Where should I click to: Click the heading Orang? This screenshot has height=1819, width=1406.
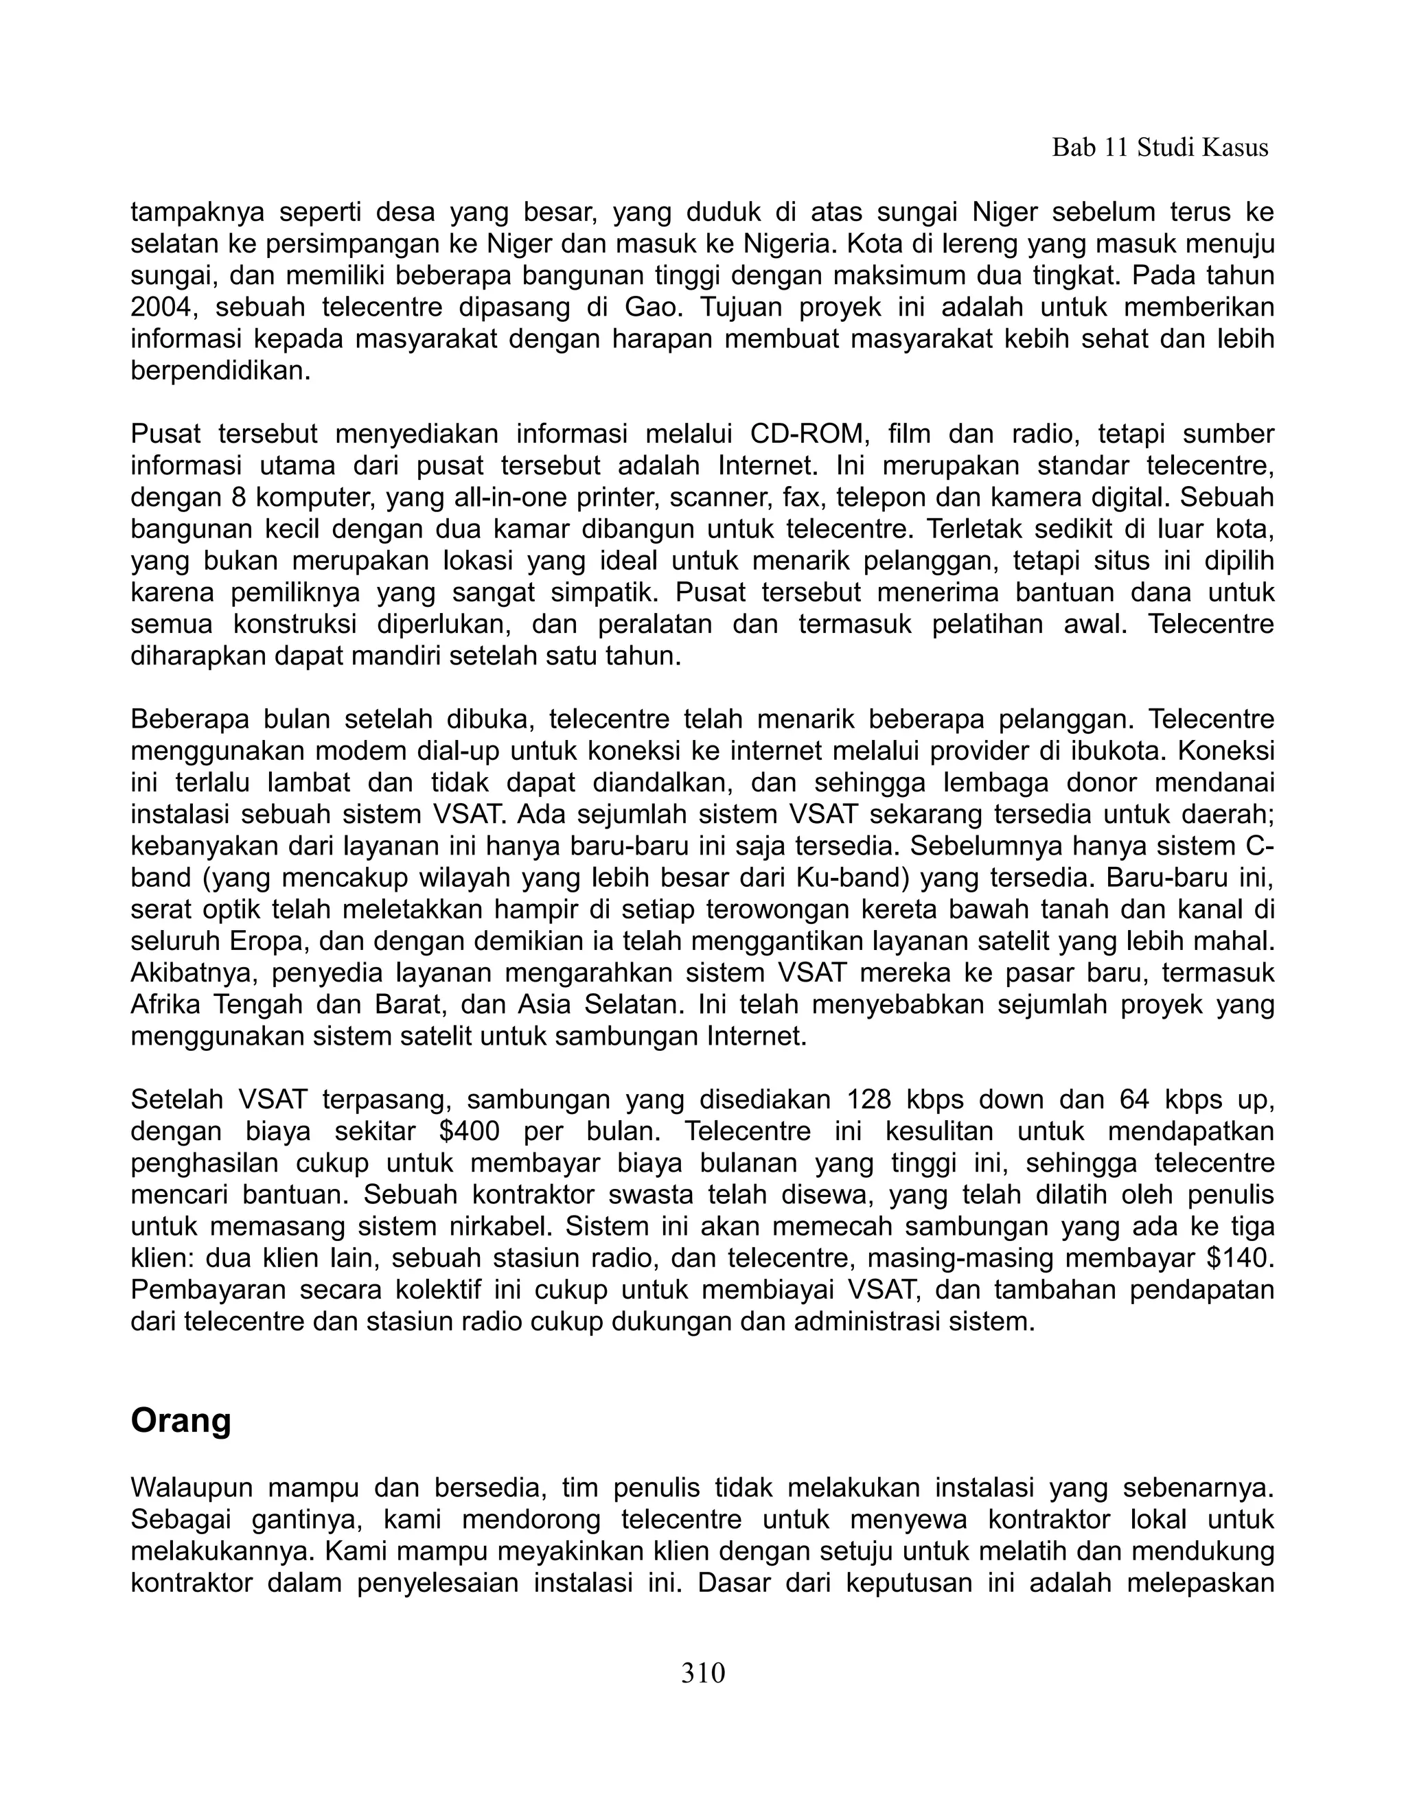point(181,1420)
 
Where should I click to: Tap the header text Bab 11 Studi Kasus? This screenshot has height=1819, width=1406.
point(1160,148)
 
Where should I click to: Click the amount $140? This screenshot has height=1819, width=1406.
point(1239,1258)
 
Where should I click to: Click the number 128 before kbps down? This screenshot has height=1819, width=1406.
point(870,1100)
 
